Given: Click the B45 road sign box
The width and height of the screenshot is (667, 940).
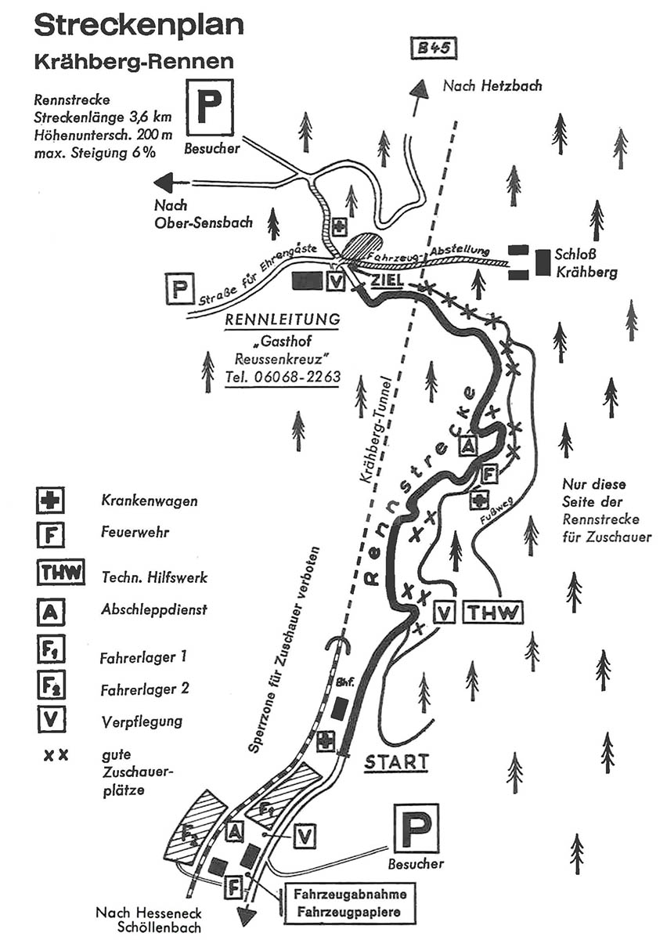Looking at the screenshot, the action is click(x=432, y=49).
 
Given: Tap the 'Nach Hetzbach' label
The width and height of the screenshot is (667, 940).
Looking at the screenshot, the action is click(x=492, y=86).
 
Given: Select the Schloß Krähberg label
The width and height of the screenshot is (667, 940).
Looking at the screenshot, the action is click(x=586, y=263).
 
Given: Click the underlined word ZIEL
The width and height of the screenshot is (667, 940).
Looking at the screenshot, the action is click(x=387, y=280).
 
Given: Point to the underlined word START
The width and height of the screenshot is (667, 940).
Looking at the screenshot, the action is click(x=396, y=761).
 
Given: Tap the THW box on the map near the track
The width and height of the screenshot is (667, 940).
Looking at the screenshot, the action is click(x=492, y=613).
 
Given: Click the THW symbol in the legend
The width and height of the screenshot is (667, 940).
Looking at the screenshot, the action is click(x=60, y=572).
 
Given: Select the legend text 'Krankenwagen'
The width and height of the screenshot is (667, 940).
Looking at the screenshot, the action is click(x=149, y=501).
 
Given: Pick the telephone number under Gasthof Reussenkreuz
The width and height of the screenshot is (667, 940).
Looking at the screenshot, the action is click(x=283, y=377).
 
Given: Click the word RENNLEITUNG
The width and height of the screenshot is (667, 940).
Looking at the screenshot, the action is click(x=283, y=320).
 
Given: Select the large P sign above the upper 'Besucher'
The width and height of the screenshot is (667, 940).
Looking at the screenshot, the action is click(x=210, y=107).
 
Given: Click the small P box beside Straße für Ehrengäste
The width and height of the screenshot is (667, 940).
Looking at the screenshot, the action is click(x=180, y=289).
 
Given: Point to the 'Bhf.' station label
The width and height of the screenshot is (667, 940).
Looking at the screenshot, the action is click(x=344, y=682).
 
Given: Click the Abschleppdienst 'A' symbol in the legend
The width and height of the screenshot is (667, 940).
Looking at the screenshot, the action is click(x=50, y=613).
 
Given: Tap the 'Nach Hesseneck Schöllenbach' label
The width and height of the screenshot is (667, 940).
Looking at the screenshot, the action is click(x=149, y=919).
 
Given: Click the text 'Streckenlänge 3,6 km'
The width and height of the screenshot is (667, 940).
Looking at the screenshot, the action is click(x=103, y=117).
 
